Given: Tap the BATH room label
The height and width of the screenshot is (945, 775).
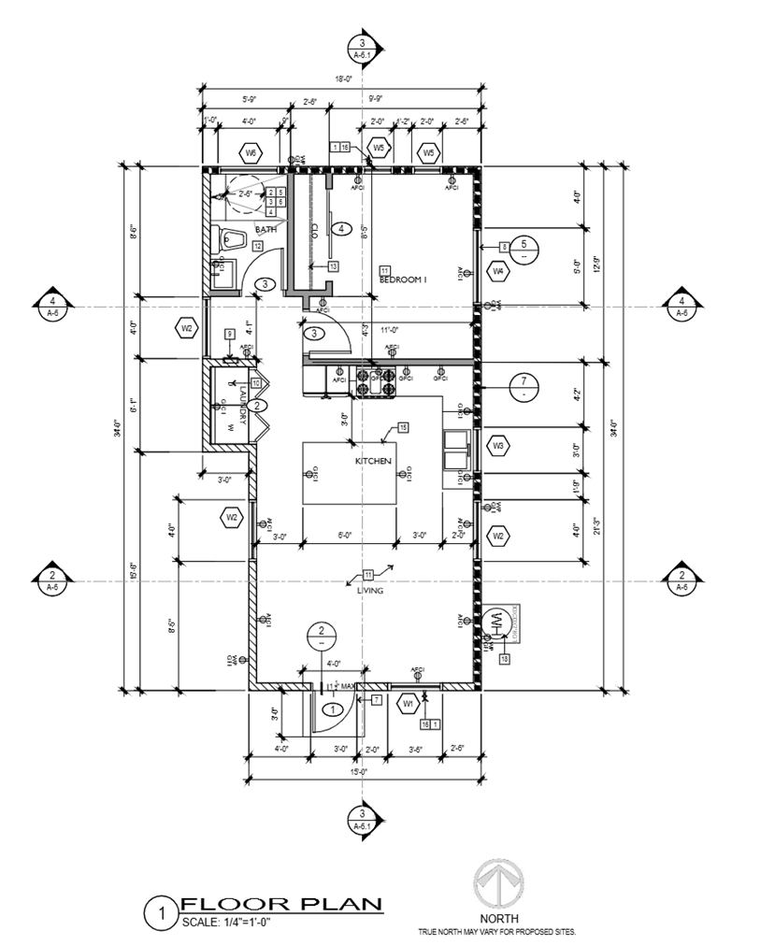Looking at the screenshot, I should pyautogui.click(x=266, y=229).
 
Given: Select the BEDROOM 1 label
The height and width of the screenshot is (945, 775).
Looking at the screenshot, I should pyautogui.click(x=403, y=279).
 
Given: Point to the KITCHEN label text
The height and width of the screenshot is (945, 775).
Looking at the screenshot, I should pyautogui.click(x=371, y=462).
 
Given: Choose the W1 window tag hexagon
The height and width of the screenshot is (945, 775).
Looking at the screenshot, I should pyautogui.click(x=408, y=703).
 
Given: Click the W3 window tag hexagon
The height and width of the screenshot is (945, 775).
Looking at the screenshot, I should pyautogui.click(x=498, y=447).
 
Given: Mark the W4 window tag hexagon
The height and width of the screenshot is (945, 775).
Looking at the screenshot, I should pyautogui.click(x=498, y=272).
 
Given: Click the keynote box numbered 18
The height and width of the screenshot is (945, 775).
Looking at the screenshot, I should pyautogui.click(x=505, y=660).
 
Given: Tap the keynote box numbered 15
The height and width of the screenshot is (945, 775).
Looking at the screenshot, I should pyautogui.click(x=403, y=427).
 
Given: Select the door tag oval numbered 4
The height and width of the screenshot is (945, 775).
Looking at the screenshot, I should pyautogui.click(x=342, y=228).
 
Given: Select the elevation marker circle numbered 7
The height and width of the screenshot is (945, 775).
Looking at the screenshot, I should pyautogui.click(x=524, y=382).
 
